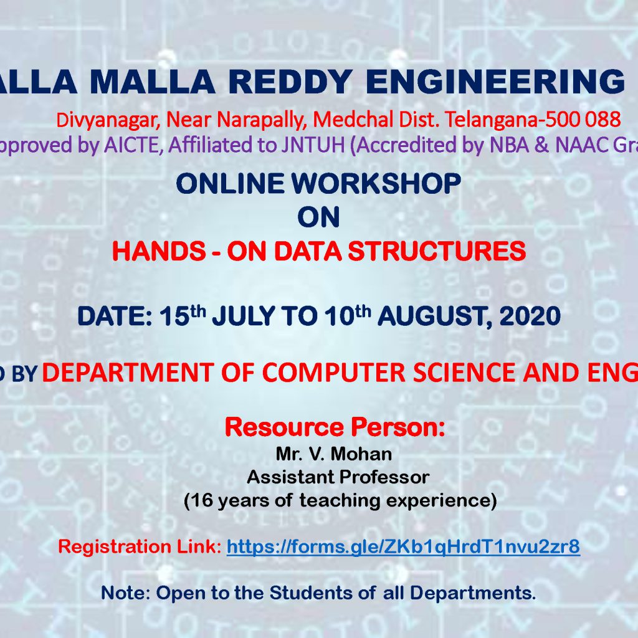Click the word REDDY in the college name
coord(290,82)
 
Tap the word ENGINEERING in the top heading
coord(495,82)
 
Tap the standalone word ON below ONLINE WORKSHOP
coord(318,217)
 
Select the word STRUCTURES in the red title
coord(437,250)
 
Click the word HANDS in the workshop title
coord(159,250)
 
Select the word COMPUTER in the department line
coord(334,373)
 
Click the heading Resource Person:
coord(335,427)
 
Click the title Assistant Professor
coord(338,477)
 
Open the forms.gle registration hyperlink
coord(403,547)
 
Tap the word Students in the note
coord(311,593)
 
